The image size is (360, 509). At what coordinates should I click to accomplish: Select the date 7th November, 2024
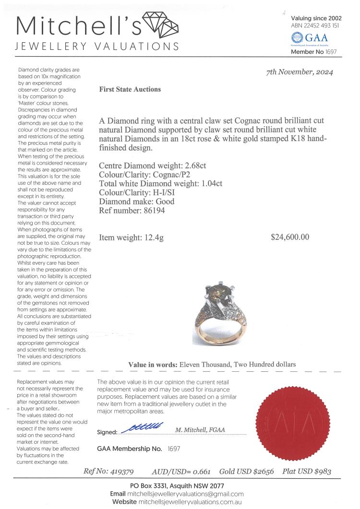click(x=300, y=72)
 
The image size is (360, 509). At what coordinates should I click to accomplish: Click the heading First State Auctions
click(x=130, y=89)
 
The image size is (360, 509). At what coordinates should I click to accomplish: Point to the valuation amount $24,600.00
click(x=290, y=237)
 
